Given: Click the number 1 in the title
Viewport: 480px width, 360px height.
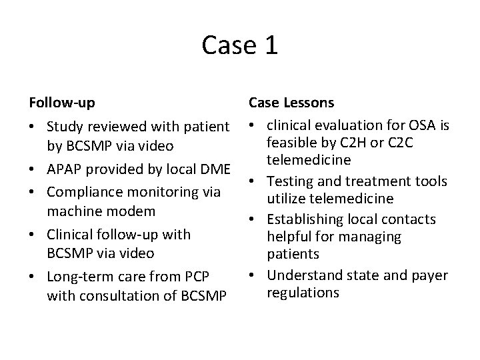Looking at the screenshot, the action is (x=271, y=45).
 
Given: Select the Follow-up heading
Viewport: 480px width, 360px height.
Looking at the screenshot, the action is (x=61, y=103).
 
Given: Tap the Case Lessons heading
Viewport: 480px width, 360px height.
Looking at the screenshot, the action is (x=291, y=103).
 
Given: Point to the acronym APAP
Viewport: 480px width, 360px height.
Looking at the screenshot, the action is (x=66, y=169).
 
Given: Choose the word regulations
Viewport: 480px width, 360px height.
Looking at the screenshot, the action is (x=302, y=293).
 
